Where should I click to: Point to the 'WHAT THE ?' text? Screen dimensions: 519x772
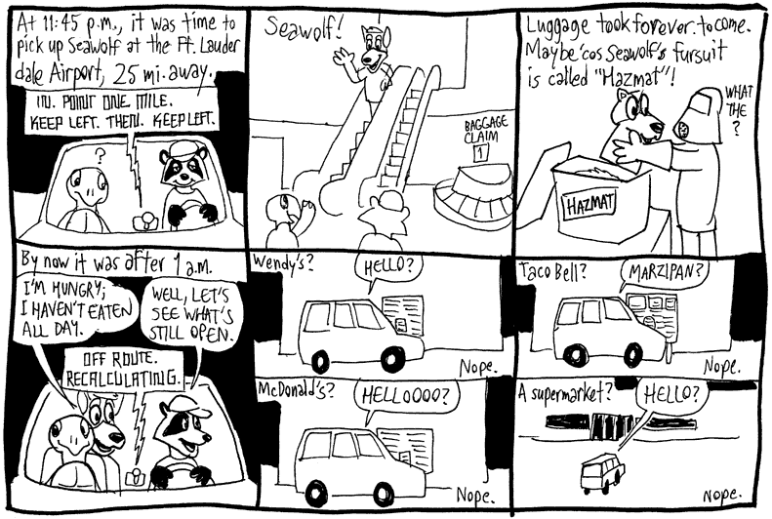coord(736,109)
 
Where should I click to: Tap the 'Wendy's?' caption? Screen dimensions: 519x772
coord(275,262)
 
